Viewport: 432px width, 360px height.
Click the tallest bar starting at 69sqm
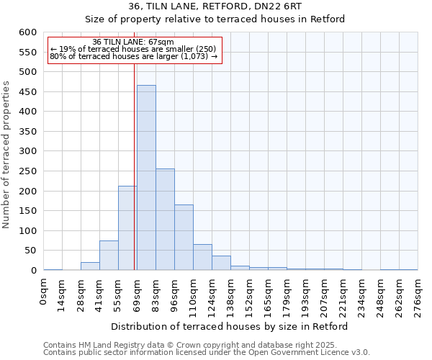[146, 178]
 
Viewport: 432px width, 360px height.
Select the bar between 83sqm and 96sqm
[165, 220]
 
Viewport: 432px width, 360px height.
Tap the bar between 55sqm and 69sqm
[127, 228]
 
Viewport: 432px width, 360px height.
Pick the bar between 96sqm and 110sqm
[184, 238]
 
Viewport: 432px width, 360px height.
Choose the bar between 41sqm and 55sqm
[109, 256]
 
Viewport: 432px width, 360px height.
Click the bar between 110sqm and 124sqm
[202, 258]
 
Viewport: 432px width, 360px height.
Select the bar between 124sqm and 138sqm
[221, 264]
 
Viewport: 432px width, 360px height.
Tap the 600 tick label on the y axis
[27, 32]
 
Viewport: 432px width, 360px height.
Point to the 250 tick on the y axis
[27, 171]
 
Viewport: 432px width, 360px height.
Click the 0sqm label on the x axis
[44, 291]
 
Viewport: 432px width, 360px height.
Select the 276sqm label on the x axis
[418, 295]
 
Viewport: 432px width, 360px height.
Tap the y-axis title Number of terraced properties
[7, 155]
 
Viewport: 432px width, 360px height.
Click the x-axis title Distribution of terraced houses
[230, 326]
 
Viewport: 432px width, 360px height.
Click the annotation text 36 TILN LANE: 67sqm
[133, 42]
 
